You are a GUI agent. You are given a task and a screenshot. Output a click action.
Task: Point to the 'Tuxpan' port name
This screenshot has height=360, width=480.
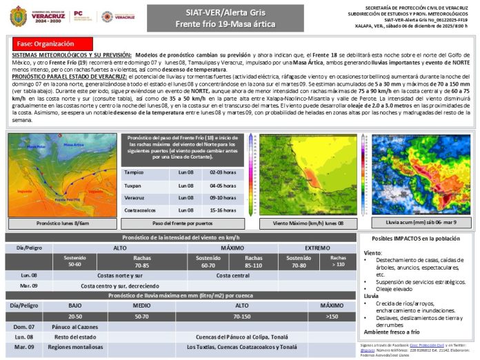(133, 186)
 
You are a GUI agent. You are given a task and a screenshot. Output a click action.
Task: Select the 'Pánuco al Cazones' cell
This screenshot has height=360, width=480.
(77, 326)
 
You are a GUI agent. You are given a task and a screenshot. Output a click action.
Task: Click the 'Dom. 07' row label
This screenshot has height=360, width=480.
(25, 326)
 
